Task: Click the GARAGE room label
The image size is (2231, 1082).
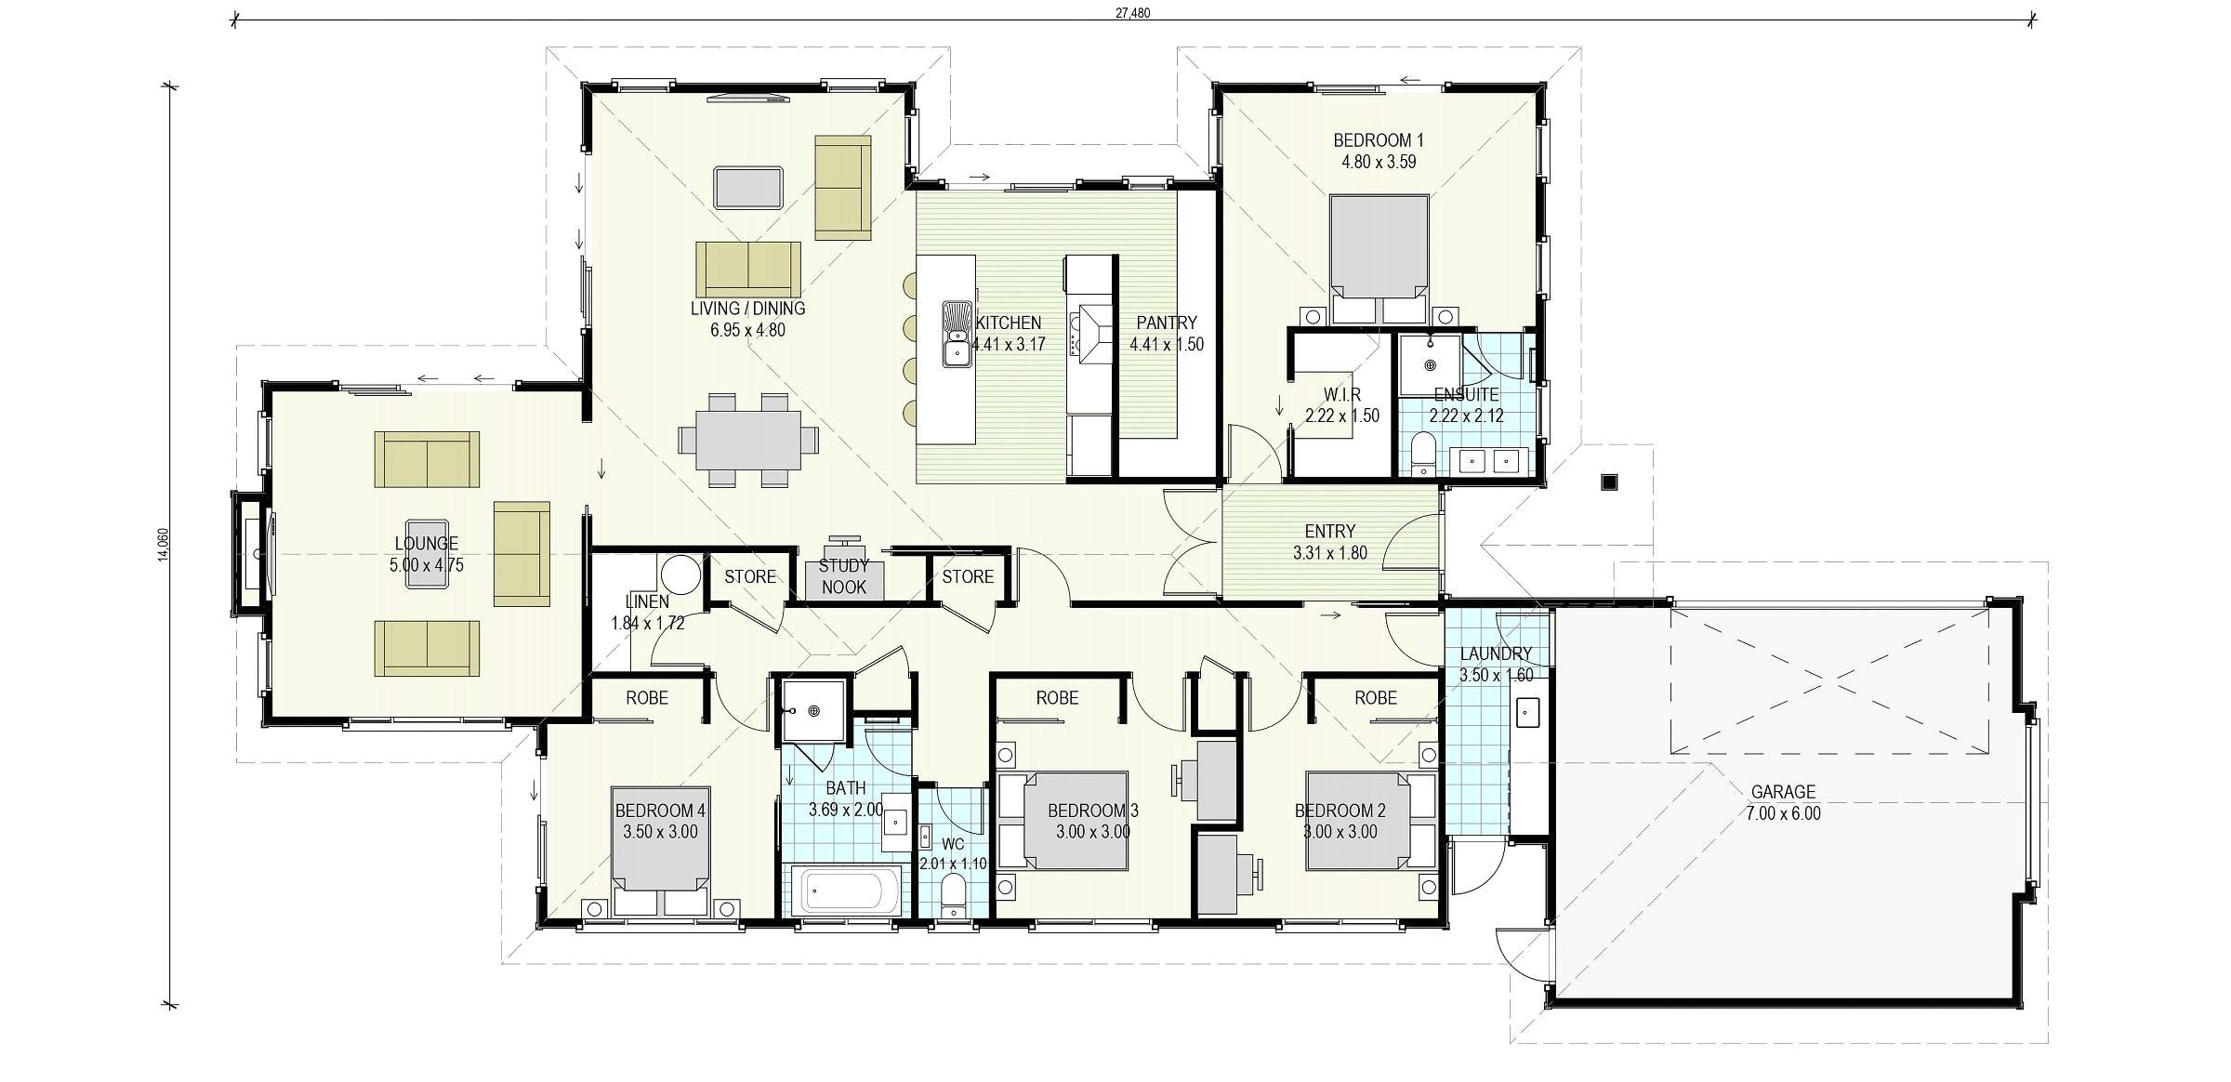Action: point(1783,792)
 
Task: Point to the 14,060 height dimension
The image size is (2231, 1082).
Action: point(164,545)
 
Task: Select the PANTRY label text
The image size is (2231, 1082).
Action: point(1167,323)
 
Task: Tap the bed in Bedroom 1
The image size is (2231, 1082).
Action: point(1379,259)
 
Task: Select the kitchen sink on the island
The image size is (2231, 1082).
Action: point(957,334)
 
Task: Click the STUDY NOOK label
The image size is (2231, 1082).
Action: point(844,576)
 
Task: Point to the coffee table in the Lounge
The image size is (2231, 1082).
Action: point(427,552)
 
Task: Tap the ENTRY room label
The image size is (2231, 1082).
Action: point(1330,532)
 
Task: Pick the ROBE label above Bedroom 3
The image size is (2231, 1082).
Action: point(1057,697)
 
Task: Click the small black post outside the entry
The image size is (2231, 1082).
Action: point(1609,482)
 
